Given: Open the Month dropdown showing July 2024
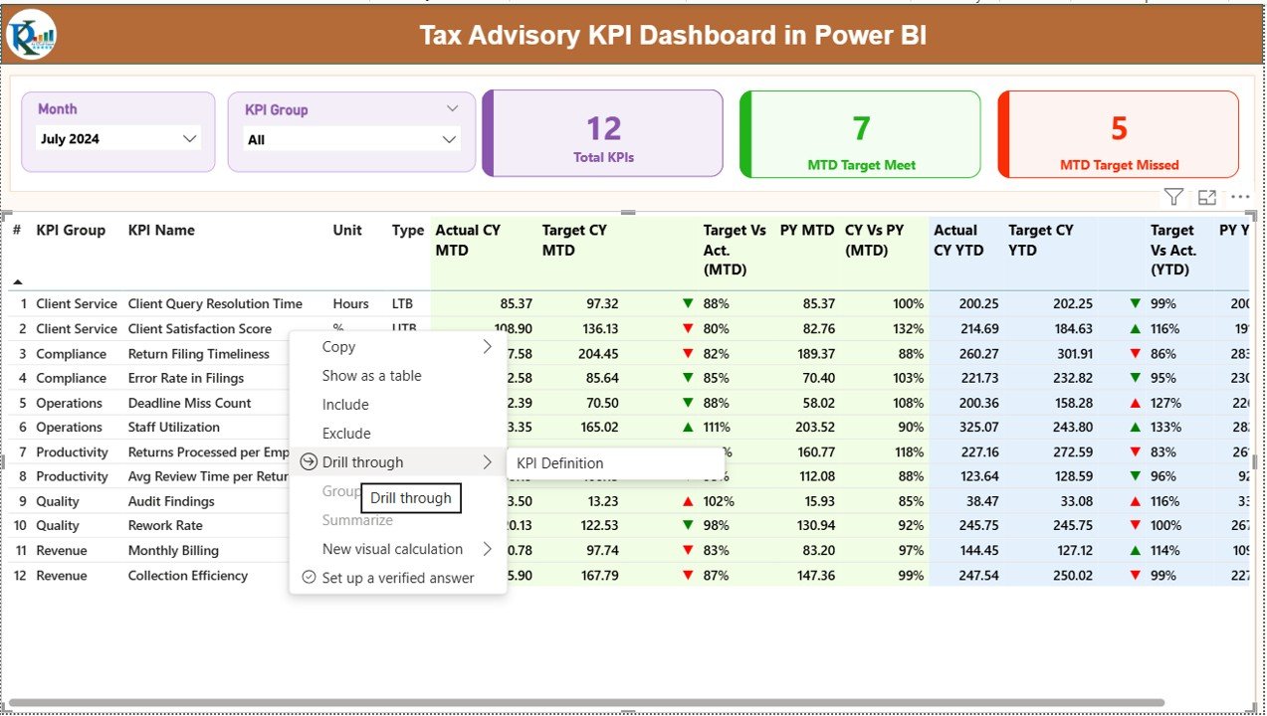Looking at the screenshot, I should [118, 139].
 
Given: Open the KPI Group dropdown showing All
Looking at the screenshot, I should [351, 140].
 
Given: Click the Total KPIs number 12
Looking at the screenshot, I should [603, 128].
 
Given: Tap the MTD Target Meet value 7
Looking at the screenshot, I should [861, 128].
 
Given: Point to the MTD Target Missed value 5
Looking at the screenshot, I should [1119, 128].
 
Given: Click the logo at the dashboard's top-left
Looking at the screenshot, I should [31, 36].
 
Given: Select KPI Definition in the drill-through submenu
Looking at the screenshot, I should [560, 463].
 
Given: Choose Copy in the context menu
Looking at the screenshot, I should [338, 347].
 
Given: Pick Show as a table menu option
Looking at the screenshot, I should [371, 376].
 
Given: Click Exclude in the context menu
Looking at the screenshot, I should [346, 434].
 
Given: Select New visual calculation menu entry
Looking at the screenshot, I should [392, 549].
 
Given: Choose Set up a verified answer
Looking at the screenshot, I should [397, 578].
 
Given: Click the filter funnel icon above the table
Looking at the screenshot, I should [1173, 197].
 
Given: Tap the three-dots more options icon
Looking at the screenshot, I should [1240, 197].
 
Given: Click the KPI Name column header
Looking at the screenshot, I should [161, 231].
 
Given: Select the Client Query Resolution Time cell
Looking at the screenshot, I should [215, 304].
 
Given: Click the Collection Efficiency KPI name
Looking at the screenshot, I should [188, 576].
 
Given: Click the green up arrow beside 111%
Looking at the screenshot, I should [688, 428].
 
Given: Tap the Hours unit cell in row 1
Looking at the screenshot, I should [350, 304].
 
